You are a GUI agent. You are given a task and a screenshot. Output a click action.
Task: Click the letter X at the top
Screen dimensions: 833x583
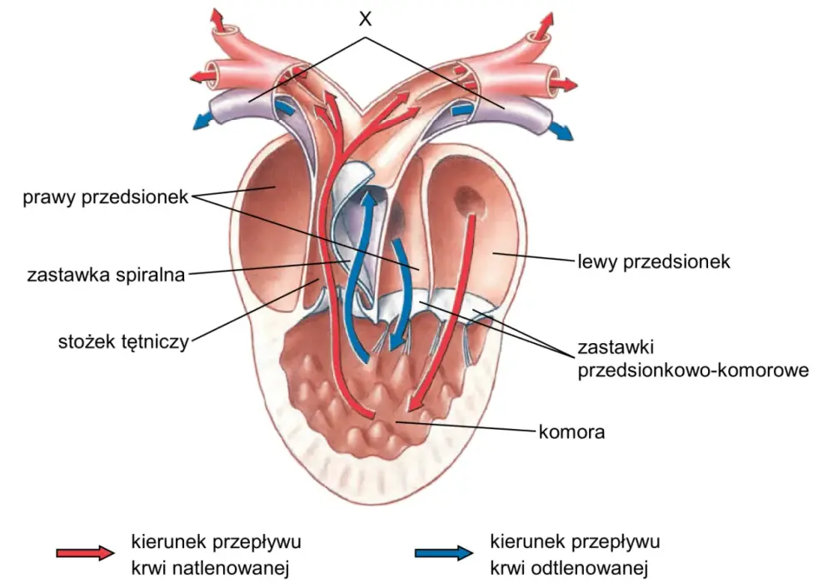(365, 19)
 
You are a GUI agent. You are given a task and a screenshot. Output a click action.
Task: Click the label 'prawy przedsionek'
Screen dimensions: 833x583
(105, 197)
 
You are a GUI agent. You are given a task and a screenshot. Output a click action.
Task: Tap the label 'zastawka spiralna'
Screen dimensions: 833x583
(106, 275)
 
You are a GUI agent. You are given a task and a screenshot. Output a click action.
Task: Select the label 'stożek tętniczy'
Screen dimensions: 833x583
(123, 341)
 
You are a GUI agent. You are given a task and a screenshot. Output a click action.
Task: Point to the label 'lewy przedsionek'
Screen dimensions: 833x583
(654, 262)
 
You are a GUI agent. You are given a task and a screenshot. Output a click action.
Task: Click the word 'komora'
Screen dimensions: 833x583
(571, 431)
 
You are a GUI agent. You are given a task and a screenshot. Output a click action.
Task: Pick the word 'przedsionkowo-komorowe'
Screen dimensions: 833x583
(693, 370)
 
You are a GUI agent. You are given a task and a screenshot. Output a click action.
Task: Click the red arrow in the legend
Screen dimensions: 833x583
(85, 553)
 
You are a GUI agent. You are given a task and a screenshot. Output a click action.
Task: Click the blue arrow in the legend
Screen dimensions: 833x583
(444, 553)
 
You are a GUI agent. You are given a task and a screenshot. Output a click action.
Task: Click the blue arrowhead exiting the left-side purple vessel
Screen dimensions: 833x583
(199, 122)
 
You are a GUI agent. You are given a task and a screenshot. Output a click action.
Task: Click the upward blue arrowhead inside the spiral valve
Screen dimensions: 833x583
(367, 200)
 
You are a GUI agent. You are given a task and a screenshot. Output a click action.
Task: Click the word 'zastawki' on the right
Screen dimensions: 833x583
(616, 347)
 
